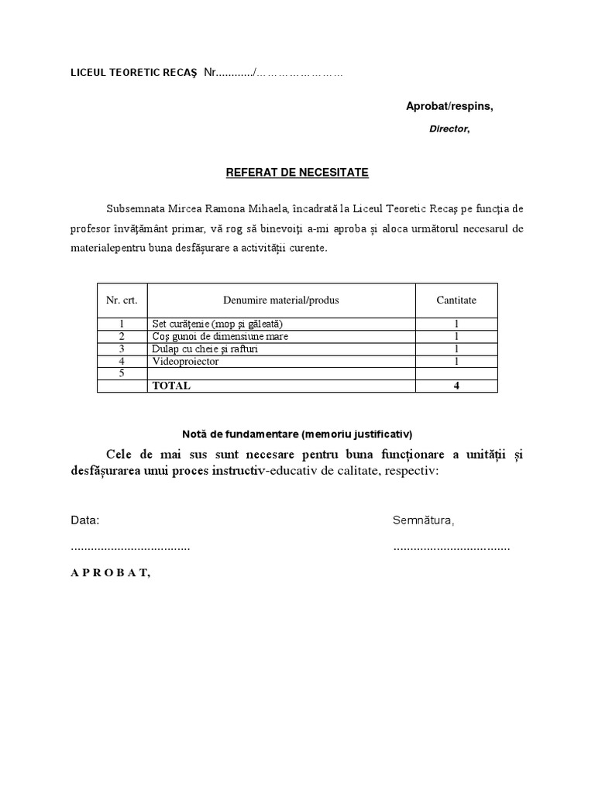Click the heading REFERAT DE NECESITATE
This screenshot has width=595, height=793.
point(297,173)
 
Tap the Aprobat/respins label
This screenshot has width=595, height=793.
point(449,106)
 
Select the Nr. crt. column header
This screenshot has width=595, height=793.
point(122,300)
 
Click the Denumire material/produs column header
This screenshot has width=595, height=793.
point(280,300)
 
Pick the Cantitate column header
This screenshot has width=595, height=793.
point(456,300)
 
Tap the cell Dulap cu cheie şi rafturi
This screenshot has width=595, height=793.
point(205,348)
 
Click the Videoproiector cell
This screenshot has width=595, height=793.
point(186,361)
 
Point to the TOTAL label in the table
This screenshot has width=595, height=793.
point(171,386)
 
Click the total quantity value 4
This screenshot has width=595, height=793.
point(456,386)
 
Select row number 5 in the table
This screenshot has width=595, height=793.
point(122,373)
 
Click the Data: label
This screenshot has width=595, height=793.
point(85,520)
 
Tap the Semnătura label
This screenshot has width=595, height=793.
point(423,520)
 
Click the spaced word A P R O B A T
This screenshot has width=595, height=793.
point(110,573)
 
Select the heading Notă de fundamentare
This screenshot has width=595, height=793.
point(297,432)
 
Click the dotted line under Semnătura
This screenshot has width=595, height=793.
point(451,547)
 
